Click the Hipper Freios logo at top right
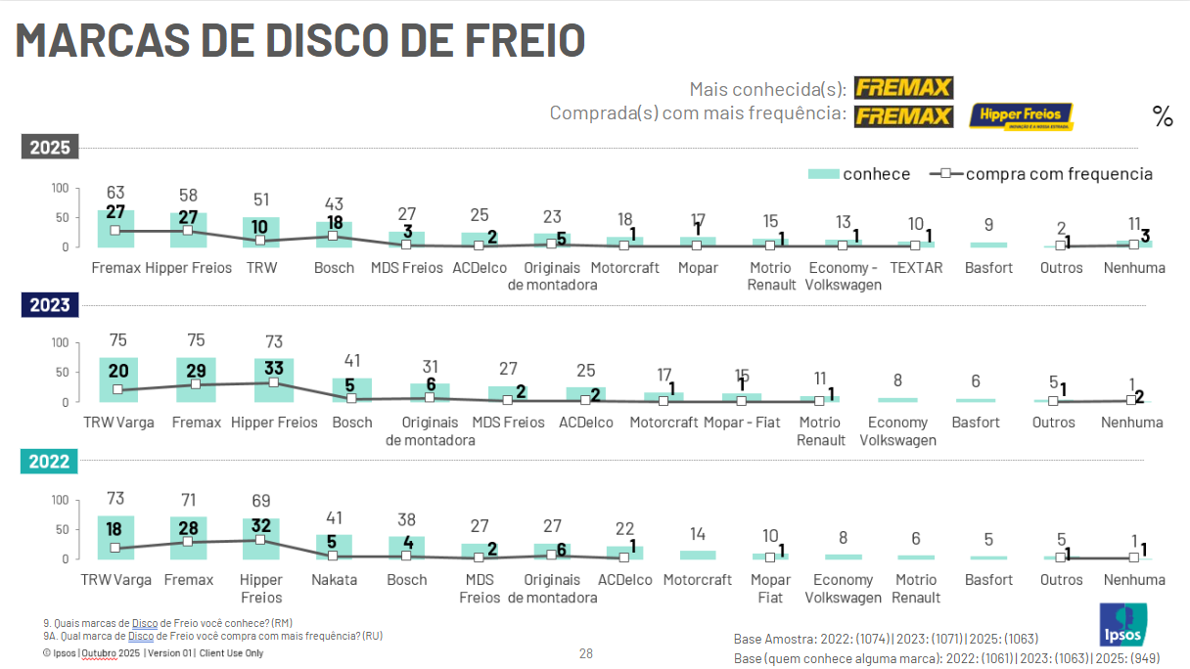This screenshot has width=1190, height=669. (x=1021, y=116)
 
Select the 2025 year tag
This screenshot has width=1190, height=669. (x=49, y=148)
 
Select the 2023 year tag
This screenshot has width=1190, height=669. (x=49, y=305)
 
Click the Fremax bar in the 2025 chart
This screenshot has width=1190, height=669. (x=115, y=229)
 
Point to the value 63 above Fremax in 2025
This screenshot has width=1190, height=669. (x=115, y=193)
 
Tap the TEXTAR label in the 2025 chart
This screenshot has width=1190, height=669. (x=916, y=267)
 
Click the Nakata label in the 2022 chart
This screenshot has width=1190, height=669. (x=335, y=579)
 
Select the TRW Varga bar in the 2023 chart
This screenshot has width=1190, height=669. (x=118, y=380)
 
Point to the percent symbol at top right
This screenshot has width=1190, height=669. (x=1163, y=117)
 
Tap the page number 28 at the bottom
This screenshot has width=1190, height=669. (x=586, y=653)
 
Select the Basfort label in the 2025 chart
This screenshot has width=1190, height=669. (x=988, y=267)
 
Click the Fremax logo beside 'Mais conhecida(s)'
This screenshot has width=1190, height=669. (x=903, y=88)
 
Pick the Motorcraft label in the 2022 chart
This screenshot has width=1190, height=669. (x=698, y=579)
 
